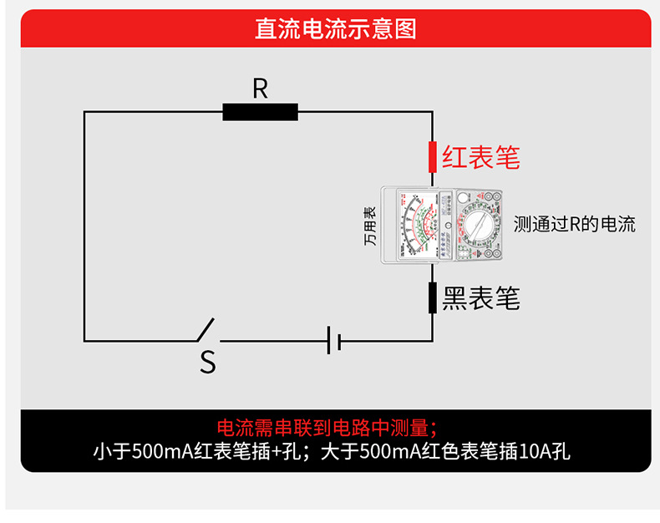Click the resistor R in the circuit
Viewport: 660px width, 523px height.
point(260,112)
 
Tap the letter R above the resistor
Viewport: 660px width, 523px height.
point(260,89)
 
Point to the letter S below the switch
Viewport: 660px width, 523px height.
point(207,363)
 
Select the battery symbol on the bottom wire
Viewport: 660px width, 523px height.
point(333,340)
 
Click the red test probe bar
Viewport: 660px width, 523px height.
point(432,155)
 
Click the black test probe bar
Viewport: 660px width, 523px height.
point(432,297)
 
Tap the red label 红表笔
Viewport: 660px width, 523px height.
point(480,157)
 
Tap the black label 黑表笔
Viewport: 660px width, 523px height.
point(480,298)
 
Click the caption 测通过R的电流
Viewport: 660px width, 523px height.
point(575,224)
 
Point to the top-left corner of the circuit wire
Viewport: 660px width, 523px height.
point(84,112)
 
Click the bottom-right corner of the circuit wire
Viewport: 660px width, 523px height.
point(432,340)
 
